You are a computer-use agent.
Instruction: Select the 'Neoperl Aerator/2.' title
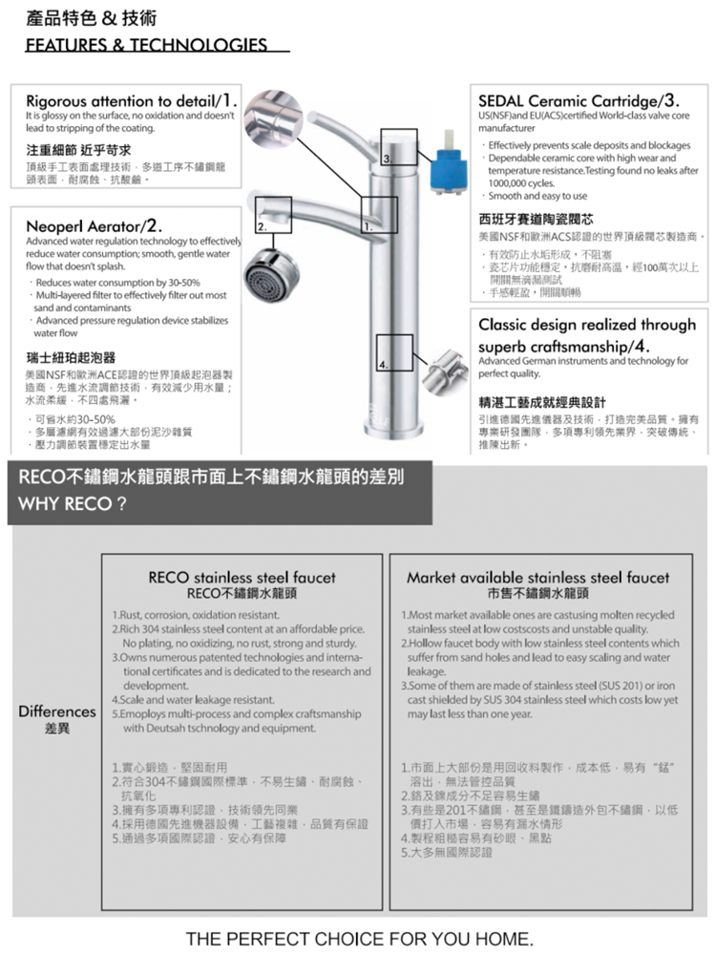[94, 226]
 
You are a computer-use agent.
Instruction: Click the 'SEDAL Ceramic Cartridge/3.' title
[579, 100]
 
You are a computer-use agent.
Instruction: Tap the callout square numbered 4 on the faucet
[394, 353]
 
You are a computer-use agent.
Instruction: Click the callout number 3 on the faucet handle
[387, 157]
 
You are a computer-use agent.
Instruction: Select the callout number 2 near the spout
[261, 226]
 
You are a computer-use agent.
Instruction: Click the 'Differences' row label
[53, 711]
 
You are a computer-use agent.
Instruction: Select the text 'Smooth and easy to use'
[538, 196]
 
